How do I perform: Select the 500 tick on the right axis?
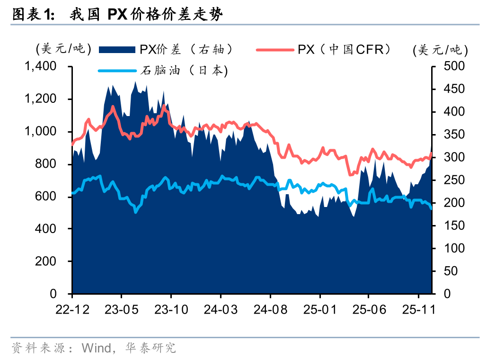coord(454,66)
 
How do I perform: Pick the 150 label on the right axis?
coord(454,225)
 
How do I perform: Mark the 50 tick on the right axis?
coord(451,271)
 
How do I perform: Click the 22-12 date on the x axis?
coord(72,310)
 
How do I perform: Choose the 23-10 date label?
coord(171,310)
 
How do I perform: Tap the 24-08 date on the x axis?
coord(270,310)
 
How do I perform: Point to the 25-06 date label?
coord(369,310)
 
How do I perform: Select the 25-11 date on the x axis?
coord(419,310)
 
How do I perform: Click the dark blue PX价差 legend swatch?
coord(118,49)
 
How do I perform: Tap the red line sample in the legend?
coord(275,49)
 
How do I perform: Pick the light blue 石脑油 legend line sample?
coord(118,71)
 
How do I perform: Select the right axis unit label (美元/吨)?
coord(440,50)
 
